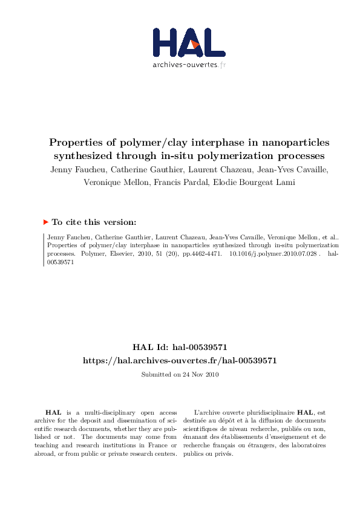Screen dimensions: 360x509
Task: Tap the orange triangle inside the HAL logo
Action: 194,45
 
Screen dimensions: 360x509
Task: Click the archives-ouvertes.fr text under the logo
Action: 189,65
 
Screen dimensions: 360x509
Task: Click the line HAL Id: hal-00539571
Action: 180,348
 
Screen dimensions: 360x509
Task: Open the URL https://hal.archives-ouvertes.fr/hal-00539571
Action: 180,360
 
